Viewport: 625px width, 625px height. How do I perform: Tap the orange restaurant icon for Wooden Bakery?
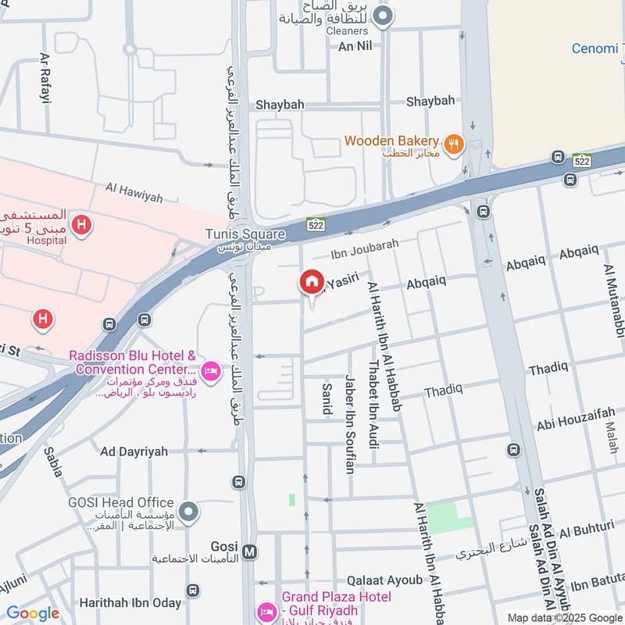coord(453,144)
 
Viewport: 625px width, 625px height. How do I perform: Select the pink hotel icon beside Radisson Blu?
coord(209,370)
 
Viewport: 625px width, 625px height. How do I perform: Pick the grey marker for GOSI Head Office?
coord(187,512)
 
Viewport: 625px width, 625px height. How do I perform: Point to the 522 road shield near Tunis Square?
coord(316,224)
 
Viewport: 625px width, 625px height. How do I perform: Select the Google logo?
coord(33,613)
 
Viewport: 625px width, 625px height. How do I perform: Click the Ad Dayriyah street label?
coord(134,451)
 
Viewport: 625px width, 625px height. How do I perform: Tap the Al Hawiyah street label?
coord(134,193)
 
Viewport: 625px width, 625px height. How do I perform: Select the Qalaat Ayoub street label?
coord(384,580)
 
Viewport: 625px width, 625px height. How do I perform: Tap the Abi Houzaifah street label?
coord(576,423)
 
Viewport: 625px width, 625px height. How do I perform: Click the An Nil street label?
coord(354,46)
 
